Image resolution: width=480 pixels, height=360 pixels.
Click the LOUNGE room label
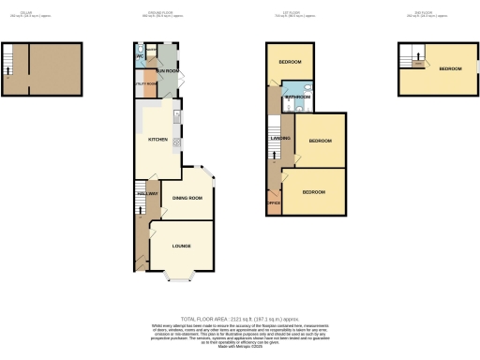tap(181, 247)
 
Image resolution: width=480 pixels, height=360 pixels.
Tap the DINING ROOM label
tap(187, 198)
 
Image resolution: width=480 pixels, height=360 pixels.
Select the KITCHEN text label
tap(157, 139)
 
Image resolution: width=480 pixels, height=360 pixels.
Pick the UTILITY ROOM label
tap(145, 83)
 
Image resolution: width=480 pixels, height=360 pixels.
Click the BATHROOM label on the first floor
tap(298, 97)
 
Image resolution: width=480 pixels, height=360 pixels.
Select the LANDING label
tap(279, 139)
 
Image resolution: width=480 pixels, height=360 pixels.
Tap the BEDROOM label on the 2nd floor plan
tap(451, 69)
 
